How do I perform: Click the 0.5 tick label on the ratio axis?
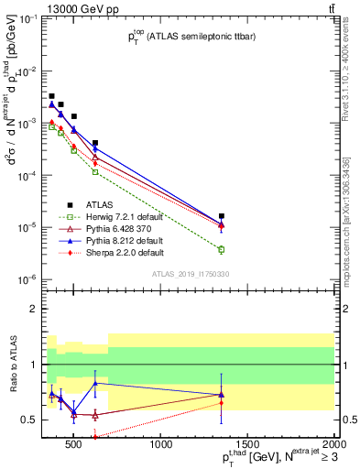tap(30, 420)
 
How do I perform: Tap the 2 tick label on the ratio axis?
tap(35, 309)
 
